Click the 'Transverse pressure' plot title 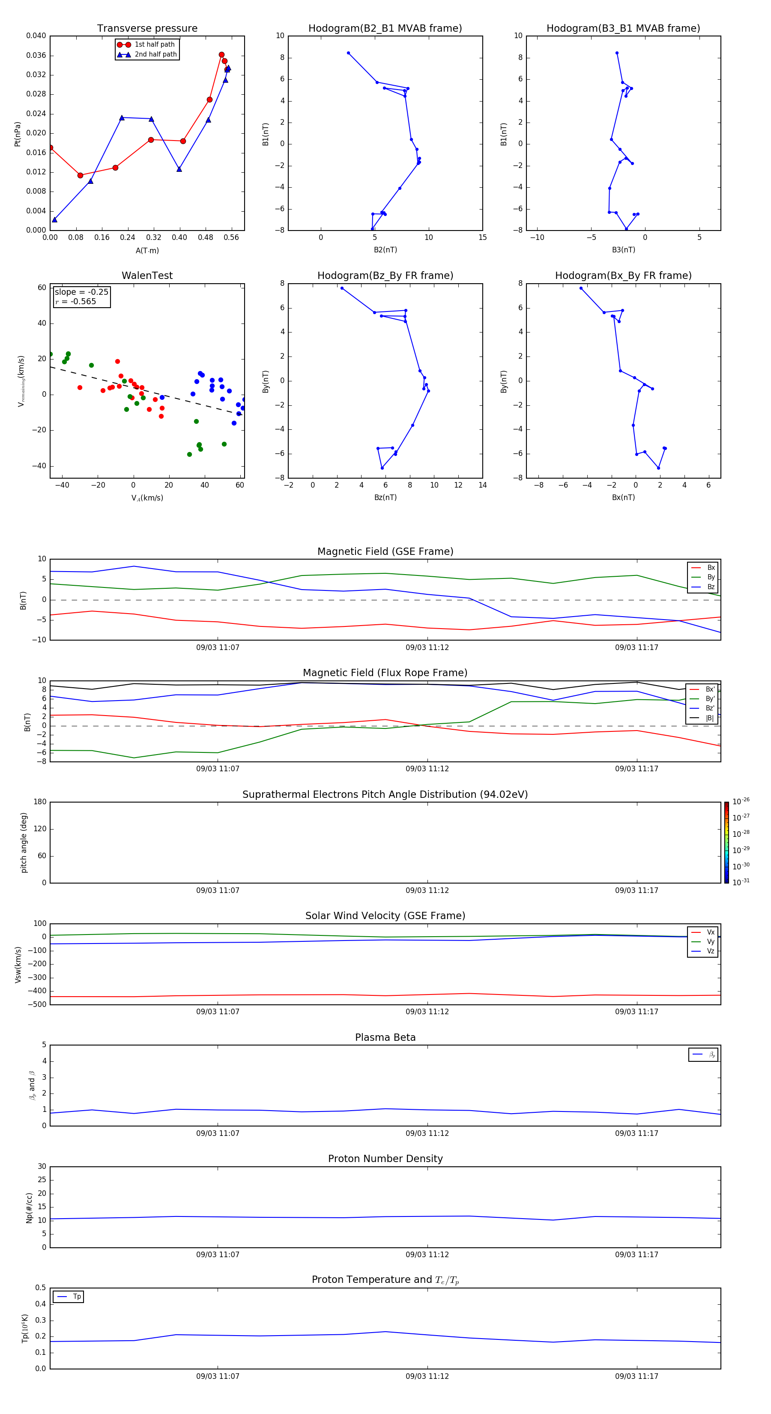click(147, 29)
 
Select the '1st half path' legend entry click(154, 45)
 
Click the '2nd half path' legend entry click(155, 54)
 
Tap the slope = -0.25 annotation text click(81, 292)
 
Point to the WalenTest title click(147, 276)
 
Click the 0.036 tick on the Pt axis click(36, 55)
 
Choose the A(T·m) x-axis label click(147, 251)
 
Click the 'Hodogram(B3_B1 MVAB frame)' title click(623, 29)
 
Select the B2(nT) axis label click(385, 250)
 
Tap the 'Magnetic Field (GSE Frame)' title click(385, 551)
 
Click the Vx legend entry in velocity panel click(710, 932)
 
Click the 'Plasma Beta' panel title click(385, 1037)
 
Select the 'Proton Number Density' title click(385, 1159)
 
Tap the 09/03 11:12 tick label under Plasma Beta click(427, 1133)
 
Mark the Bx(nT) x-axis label click(623, 497)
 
